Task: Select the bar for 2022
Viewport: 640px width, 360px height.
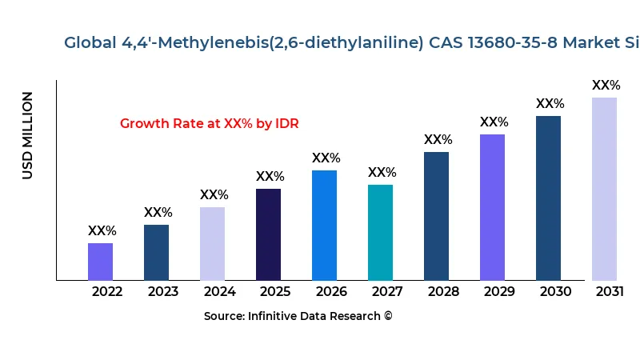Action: click(x=100, y=262)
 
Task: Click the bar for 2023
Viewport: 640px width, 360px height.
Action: click(x=156, y=252)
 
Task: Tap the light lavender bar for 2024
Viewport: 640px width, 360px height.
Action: click(x=212, y=243)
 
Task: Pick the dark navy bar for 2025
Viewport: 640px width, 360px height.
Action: click(x=268, y=234)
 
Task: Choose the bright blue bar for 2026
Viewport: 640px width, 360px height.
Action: click(x=324, y=225)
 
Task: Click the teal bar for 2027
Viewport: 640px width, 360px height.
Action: click(x=380, y=232)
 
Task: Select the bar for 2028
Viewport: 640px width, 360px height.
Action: click(x=436, y=216)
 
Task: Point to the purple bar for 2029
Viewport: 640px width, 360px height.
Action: click(x=492, y=207)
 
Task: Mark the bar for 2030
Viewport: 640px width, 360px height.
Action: click(x=548, y=198)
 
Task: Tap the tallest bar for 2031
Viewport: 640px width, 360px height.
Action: click(x=604, y=189)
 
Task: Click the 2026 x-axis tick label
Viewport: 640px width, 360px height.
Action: click(x=331, y=291)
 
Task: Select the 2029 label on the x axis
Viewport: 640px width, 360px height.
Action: click(x=499, y=291)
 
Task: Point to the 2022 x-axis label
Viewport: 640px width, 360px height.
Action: click(x=107, y=291)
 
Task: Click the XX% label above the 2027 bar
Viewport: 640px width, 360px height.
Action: click(x=382, y=173)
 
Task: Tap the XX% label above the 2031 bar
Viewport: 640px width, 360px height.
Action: click(x=606, y=86)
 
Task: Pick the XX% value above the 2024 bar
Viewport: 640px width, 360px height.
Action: click(x=214, y=195)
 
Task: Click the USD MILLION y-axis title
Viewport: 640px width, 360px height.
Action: click(x=28, y=135)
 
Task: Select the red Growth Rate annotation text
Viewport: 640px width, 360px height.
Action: click(x=209, y=124)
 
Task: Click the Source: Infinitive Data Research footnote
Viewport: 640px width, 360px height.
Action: click(x=298, y=316)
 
